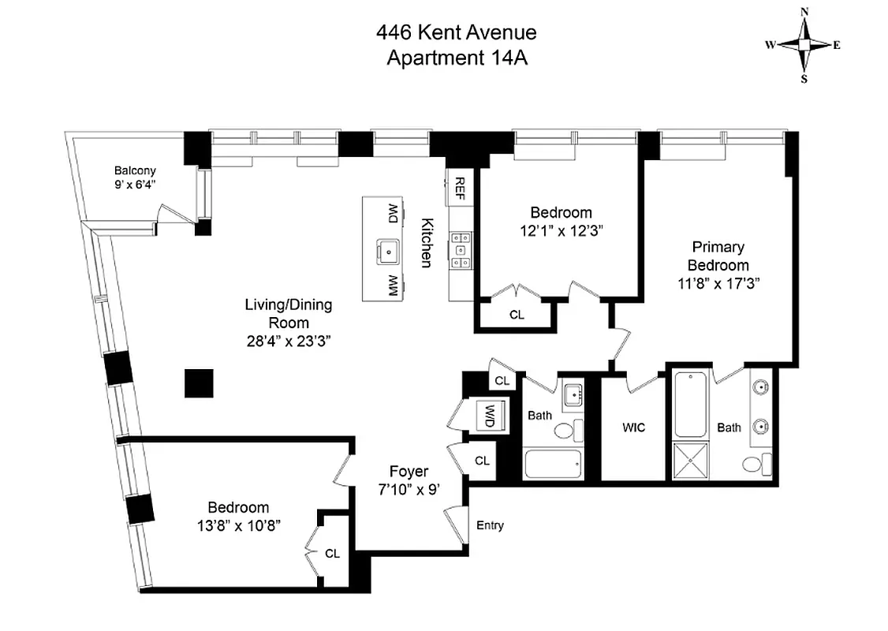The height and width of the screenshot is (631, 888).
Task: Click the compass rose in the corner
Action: [804, 45]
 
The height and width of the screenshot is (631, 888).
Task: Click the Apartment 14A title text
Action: [456, 58]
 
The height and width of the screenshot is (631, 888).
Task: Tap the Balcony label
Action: [135, 170]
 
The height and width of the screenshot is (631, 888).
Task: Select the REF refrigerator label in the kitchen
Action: [459, 189]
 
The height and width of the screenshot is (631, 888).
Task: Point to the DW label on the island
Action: [391, 213]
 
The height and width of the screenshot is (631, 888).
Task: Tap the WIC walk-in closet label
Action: [633, 428]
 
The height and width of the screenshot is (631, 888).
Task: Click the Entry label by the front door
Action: [490, 525]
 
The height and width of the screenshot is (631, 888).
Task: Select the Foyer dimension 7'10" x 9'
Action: [408, 489]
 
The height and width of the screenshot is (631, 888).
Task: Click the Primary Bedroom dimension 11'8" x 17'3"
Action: [718, 282]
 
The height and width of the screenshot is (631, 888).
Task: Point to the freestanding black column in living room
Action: [199, 383]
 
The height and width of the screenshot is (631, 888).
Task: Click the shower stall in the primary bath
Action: [692, 461]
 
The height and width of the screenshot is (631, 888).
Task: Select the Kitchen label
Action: [426, 242]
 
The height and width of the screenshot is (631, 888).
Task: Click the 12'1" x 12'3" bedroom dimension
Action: [560, 230]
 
